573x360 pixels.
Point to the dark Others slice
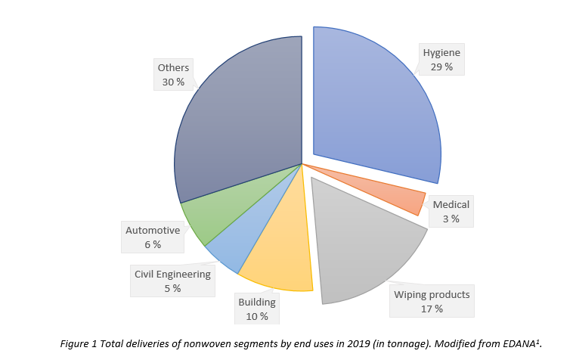click(x=242, y=113)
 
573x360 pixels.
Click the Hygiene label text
click(x=441, y=52)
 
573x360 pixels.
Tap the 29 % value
click(x=441, y=67)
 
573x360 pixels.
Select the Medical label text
click(x=451, y=204)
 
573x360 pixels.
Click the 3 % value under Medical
click(x=451, y=219)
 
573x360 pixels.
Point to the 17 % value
click(x=432, y=309)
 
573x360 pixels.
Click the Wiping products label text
click(x=432, y=294)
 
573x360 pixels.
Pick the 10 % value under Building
click(x=257, y=316)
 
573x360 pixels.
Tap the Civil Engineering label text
click(x=172, y=274)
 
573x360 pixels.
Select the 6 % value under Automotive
click(x=152, y=244)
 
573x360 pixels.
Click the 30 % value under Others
click(x=173, y=82)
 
